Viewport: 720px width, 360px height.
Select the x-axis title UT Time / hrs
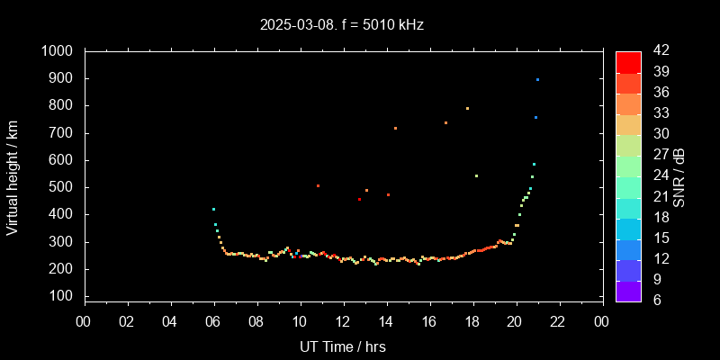point(343,346)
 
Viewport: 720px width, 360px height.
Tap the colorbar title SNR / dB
point(679,176)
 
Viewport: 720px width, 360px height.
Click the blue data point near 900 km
point(537,79)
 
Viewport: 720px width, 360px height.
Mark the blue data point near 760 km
point(535,117)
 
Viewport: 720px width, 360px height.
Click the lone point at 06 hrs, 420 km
point(213,209)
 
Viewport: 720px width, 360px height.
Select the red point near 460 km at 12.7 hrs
point(359,199)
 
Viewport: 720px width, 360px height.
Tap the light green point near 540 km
point(476,175)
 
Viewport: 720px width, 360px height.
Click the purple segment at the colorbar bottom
point(628,291)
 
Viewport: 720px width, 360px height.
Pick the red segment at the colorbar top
point(628,61)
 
